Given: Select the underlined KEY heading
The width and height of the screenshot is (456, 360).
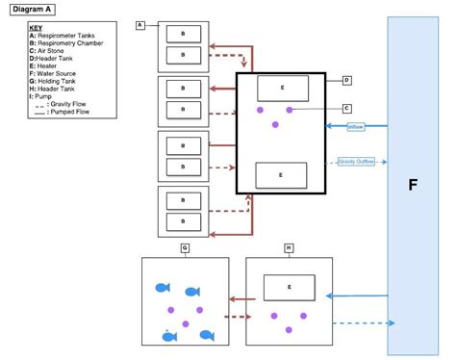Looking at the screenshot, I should coord(36,28).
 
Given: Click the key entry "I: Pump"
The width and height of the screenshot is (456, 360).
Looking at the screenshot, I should coord(42,96).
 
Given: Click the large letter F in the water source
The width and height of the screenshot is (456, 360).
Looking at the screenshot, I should coord(412,184).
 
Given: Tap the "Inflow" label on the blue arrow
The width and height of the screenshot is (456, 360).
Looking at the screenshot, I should coord(356,126).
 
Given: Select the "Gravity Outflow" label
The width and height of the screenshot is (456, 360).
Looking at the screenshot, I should coord(356,161).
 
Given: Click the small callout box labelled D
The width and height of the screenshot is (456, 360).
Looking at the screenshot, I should coord(346,81).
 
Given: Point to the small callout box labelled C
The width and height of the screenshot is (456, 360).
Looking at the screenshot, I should coord(346,109).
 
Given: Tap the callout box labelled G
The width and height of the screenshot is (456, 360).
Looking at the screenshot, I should coord(184,248).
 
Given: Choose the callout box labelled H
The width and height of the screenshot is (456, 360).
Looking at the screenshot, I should coord(288,248).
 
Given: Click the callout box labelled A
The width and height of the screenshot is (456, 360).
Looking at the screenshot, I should coord(140,24).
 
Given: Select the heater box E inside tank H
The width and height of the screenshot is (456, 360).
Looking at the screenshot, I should coord(290,287).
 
